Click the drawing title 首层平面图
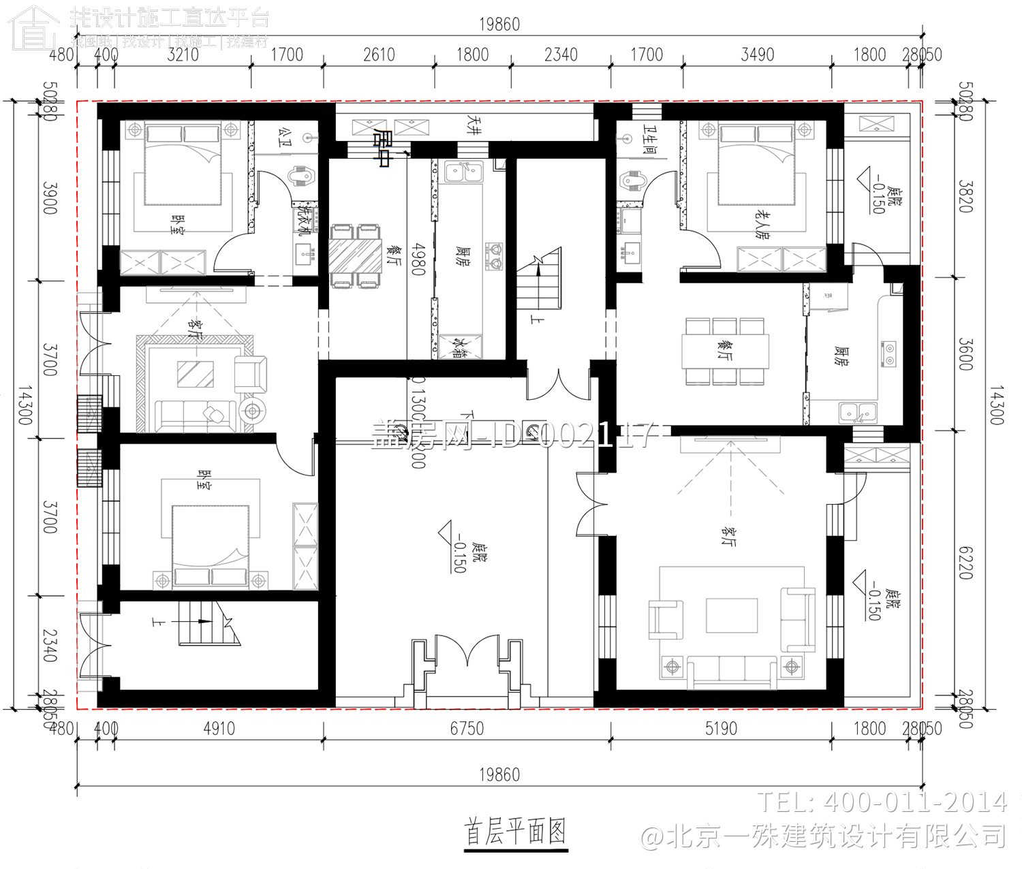[x=515, y=832]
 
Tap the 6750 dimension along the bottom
[x=467, y=729]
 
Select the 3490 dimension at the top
[x=757, y=54]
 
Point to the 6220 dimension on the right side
[x=965, y=563]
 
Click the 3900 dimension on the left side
[x=50, y=197]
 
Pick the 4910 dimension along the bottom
[x=219, y=729]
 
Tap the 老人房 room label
[x=761, y=223]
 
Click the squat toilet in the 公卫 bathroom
[x=300, y=177]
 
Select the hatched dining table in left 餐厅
[x=355, y=255]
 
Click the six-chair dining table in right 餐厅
[x=725, y=351]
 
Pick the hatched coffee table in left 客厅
[x=196, y=374]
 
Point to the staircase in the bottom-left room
[x=204, y=622]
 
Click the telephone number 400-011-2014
[x=882, y=802]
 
